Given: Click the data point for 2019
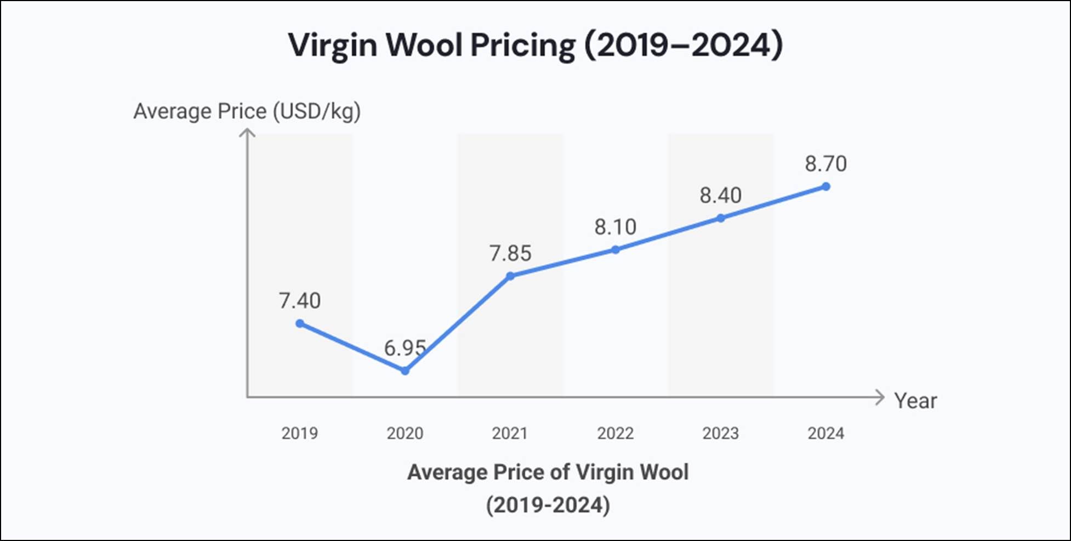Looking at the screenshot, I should point(300,323).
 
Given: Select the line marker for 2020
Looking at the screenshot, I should point(405,371).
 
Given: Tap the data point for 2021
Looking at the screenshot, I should point(510,276).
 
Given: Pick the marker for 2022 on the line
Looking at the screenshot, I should point(616,249).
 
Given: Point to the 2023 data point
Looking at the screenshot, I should point(721,218).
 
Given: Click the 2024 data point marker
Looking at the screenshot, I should point(826,186).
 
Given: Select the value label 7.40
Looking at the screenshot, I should point(300,300).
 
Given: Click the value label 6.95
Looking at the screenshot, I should point(405,348).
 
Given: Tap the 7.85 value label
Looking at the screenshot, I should point(510,253).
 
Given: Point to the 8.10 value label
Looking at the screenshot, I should point(616,226).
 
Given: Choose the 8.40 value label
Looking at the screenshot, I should point(721,195).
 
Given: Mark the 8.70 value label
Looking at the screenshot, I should point(826,163).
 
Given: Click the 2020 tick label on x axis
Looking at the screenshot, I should point(405,433).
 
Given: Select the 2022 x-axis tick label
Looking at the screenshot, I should point(616,433).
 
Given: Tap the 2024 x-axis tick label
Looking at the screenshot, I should point(826,433).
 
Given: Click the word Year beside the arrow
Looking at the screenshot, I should point(915,401).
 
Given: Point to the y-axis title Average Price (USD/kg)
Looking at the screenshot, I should point(247,111).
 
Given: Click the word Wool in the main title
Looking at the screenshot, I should point(424,44).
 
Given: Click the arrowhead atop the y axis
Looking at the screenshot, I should point(248,133).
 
